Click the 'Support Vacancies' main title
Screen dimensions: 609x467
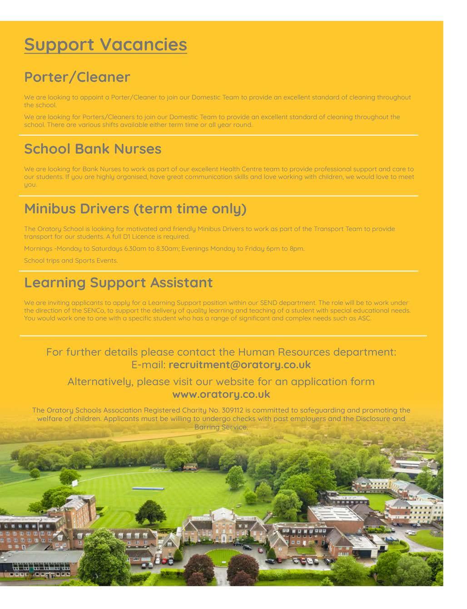(105, 45)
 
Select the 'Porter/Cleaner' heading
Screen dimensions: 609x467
(77, 77)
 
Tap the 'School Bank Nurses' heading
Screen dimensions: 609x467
(93, 149)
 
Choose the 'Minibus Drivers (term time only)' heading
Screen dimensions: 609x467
(135, 209)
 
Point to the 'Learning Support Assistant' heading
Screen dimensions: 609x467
(118, 282)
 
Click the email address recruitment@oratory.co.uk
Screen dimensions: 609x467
(239, 365)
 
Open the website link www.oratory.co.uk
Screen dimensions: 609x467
(221, 394)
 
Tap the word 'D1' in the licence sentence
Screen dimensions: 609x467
(127, 237)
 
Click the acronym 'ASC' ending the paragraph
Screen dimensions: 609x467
(364, 318)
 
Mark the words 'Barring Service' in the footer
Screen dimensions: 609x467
(221, 428)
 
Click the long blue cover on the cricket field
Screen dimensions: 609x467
(152, 488)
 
